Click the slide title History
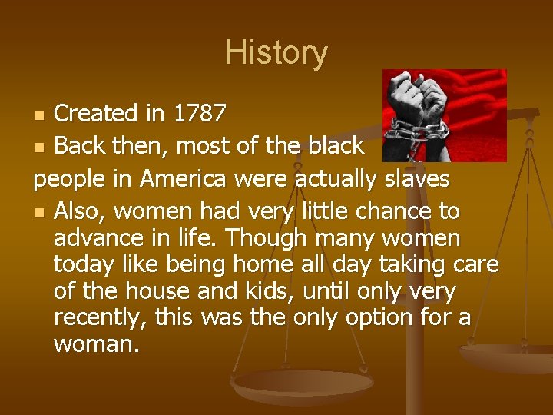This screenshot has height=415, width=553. click(x=276, y=53)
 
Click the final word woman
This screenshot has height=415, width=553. click(x=97, y=344)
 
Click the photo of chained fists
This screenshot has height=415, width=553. click(x=444, y=115)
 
